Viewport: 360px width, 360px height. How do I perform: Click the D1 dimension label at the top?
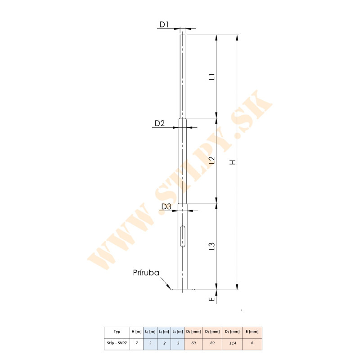coord(164,24)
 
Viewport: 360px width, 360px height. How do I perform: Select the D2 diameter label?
coord(160,123)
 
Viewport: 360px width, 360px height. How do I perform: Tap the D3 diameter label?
coord(166,207)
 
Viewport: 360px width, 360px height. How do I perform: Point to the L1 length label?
coord(212,76)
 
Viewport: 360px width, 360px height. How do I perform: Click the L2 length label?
coord(212,160)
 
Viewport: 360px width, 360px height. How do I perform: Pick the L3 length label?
coord(212,246)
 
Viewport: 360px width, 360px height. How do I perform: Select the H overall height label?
coord(233,162)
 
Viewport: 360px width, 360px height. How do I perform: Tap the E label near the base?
coord(212,299)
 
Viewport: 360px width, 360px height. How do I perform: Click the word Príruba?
coord(146,273)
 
